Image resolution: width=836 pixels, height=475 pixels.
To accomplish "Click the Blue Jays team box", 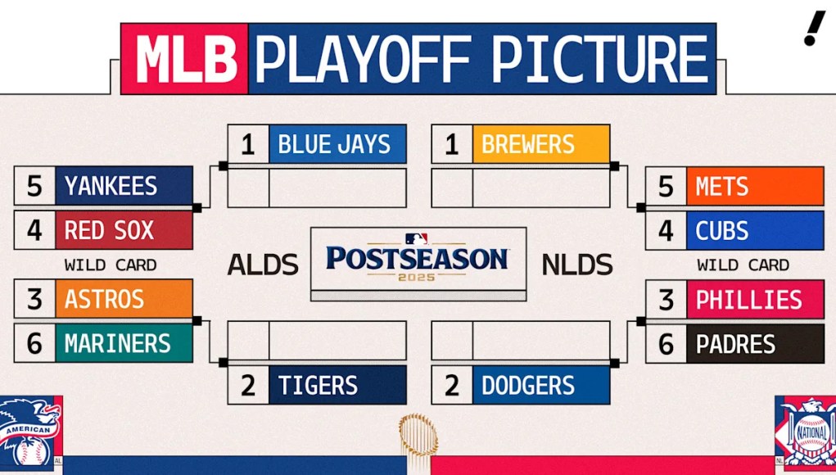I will pyautogui.click(x=337, y=145).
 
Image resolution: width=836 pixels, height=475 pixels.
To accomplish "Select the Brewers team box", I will pyautogui.click(x=540, y=145).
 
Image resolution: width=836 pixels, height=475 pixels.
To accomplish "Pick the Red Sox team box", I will pyautogui.click(x=124, y=230).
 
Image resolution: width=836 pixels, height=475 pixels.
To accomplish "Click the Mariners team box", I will pyautogui.click(x=124, y=342).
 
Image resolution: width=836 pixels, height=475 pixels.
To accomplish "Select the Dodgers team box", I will pyautogui.click(x=540, y=385).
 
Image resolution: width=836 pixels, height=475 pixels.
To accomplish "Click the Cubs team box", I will pyautogui.click(x=754, y=230).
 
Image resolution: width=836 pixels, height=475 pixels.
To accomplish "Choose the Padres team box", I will pyautogui.click(x=754, y=343).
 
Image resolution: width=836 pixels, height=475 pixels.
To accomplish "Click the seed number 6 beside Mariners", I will pyautogui.click(x=34, y=342).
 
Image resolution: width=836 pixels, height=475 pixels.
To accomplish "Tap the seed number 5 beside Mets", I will pyautogui.click(x=666, y=187).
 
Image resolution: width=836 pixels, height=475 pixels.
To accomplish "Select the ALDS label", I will pyautogui.click(x=262, y=265).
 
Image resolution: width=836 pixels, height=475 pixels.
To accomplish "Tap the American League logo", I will pyautogui.click(x=29, y=431).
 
